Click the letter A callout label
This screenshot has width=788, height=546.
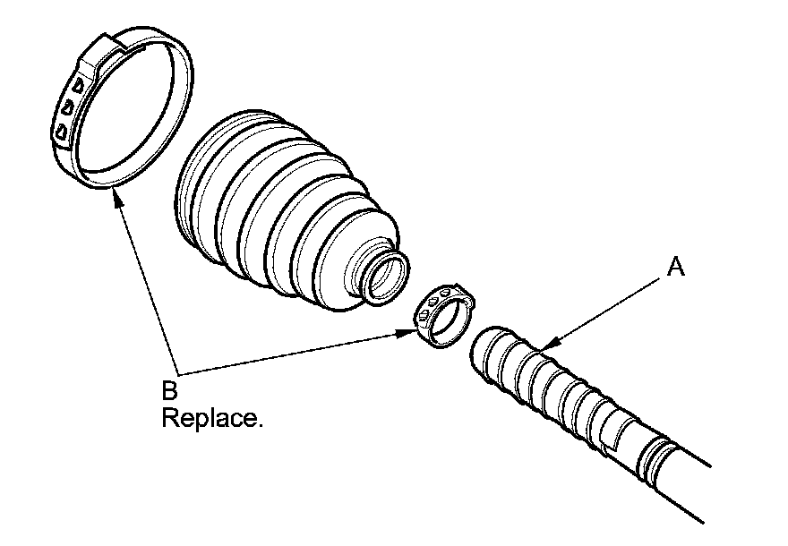click(677, 268)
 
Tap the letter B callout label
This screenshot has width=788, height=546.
click(170, 390)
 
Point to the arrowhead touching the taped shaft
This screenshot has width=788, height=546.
click(551, 345)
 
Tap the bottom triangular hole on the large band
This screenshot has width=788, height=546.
click(62, 132)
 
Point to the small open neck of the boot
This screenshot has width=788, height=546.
click(387, 277)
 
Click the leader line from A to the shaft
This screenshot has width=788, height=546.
click(609, 304)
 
